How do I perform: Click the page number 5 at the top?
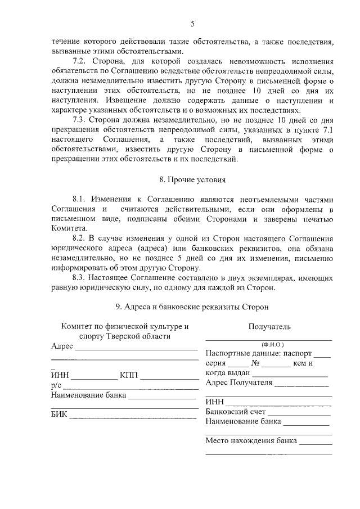[x=192, y=24]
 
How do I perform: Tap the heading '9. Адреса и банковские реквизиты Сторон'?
[x=192, y=307]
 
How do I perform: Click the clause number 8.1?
[x=82, y=200]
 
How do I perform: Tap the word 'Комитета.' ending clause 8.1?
[x=69, y=229]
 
